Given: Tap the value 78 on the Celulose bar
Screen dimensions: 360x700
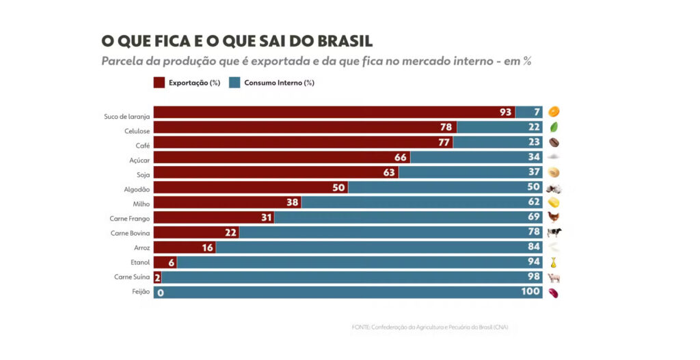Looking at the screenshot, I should (446, 128).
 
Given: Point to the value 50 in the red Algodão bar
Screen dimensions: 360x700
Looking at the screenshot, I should (338, 188).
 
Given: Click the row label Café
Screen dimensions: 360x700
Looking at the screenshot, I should (142, 146).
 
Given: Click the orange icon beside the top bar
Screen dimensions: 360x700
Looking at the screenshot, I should (554, 112).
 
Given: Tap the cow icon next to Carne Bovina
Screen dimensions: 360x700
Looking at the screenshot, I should (554, 233).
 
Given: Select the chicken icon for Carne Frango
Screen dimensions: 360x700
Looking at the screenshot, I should (554, 218).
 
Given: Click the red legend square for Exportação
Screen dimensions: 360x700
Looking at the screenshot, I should (159, 83).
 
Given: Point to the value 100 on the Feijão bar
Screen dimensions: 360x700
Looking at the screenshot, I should (530, 293).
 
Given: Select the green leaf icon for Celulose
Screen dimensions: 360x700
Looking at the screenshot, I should (554, 127).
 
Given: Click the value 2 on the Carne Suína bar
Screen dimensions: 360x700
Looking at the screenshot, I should (157, 278).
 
